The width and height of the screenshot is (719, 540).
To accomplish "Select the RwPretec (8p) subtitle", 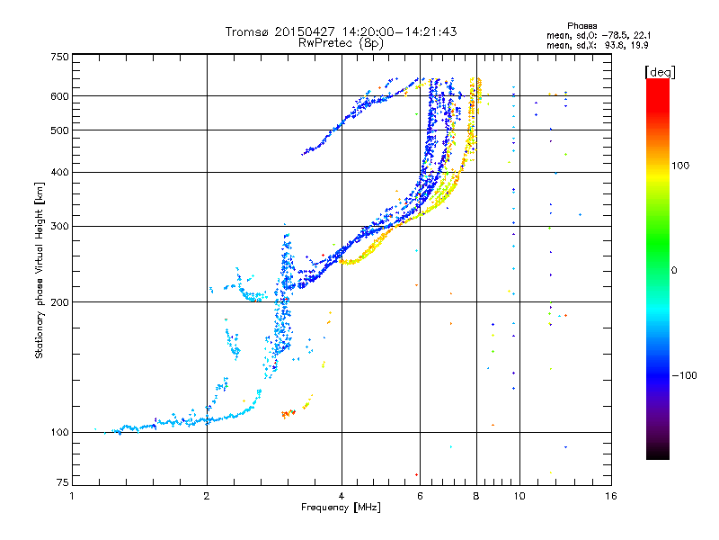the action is point(341,43).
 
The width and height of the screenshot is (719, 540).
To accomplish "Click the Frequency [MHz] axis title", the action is point(341,508).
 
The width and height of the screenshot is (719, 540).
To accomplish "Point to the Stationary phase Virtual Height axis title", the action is point(39,270).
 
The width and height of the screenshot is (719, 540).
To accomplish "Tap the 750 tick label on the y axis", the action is point(60,57).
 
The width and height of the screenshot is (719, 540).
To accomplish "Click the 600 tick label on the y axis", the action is point(60,96).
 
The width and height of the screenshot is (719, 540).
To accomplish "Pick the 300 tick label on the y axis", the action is point(60,226).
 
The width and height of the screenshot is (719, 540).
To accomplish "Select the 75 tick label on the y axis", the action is point(63,482).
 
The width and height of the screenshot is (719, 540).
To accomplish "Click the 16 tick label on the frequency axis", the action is point(611,496).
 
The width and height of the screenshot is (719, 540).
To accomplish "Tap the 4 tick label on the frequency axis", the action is point(342,496).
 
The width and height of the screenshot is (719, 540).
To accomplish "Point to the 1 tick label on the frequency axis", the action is point(72,496).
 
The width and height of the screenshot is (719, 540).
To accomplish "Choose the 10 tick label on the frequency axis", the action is point(519,496).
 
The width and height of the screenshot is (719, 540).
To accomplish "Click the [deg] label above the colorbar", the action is point(660,73).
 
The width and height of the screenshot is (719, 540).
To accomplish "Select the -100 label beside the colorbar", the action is point(685,375).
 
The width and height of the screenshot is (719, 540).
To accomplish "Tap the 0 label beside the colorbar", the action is point(674,270).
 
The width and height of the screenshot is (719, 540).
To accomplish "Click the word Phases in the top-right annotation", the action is point(581,26).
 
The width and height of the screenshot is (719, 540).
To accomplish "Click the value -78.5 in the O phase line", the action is point(613,36).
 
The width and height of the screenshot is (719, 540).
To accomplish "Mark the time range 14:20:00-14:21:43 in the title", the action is point(399,31).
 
